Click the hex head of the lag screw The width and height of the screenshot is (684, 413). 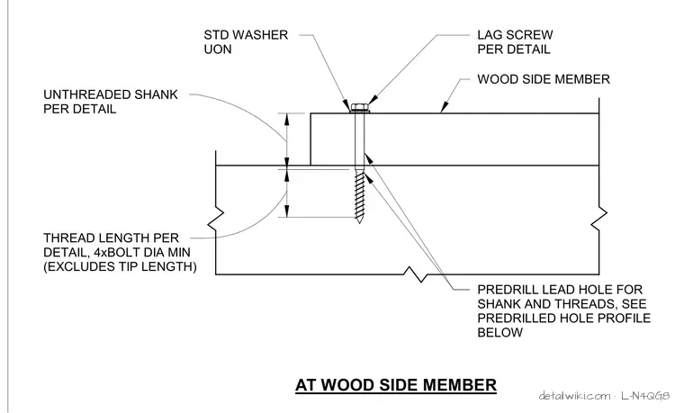coord(359,107)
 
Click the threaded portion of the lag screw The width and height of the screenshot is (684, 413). coord(359,194)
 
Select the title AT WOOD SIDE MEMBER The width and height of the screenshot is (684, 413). coord(396,385)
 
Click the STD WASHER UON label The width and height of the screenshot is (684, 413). coord(246,42)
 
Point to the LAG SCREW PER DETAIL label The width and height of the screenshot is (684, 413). coord(515,42)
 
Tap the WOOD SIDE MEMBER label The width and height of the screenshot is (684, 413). coord(543,79)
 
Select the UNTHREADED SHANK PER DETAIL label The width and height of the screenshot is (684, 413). coord(111,102)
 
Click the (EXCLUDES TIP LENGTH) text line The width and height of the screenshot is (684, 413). coord(120,266)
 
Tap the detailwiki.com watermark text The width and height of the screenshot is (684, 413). coord(574,396)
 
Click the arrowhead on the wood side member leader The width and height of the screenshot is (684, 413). coord(444,107)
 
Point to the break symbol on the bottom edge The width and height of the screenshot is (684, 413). coord(414,274)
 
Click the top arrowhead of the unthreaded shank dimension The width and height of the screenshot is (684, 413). coord(286,119)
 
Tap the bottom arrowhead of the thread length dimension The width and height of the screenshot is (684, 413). coord(286,211)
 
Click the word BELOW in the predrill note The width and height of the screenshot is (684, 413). coord(499,332)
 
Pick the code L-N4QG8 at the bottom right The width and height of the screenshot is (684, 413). coord(645,396)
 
